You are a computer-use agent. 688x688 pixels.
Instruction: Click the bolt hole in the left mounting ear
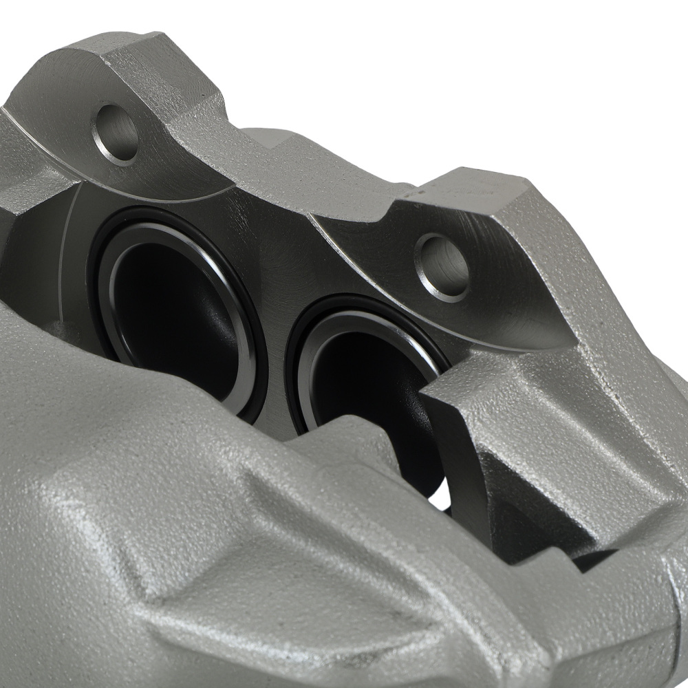pos(117,133)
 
